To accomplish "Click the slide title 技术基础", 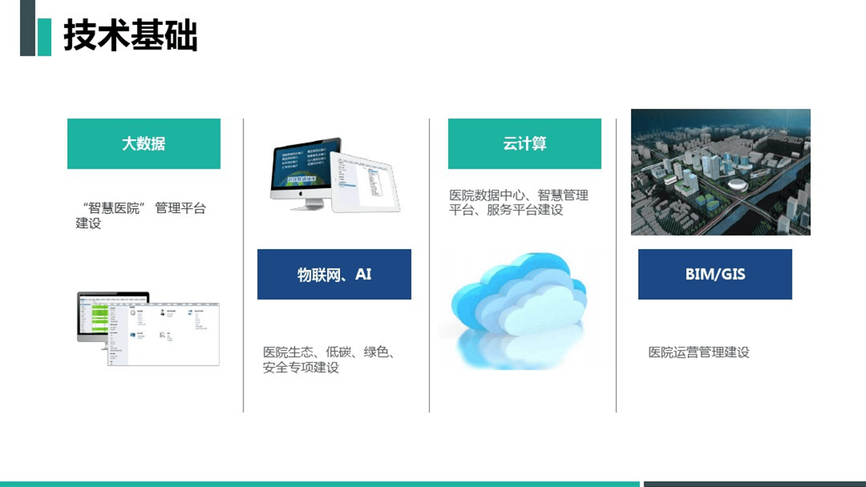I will pos(131,35).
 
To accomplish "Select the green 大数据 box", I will pos(144,144).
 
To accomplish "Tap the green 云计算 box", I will pos(524,144).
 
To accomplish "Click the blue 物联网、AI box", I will pos(334,274).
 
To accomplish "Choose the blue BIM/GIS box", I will pos(715,274).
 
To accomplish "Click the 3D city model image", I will pos(720,172).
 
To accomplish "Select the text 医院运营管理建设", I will pos(699,352).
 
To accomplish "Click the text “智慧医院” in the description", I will pos(114,209).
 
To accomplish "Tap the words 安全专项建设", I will pos(301,367).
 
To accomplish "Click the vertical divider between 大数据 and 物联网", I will pos(244,265).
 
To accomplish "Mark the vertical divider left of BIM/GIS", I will pos(616,265).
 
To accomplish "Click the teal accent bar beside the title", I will pos(45,36).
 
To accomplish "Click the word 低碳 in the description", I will pos(339,352).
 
